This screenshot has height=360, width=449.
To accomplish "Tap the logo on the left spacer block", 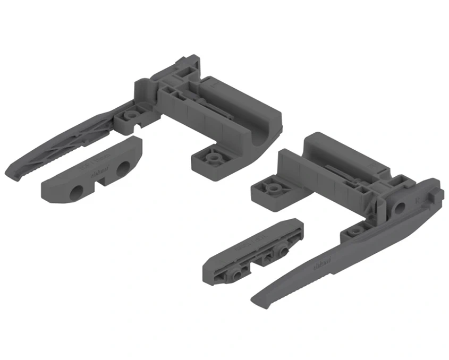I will (99, 171).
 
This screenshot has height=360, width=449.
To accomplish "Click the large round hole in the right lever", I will (400, 206).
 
